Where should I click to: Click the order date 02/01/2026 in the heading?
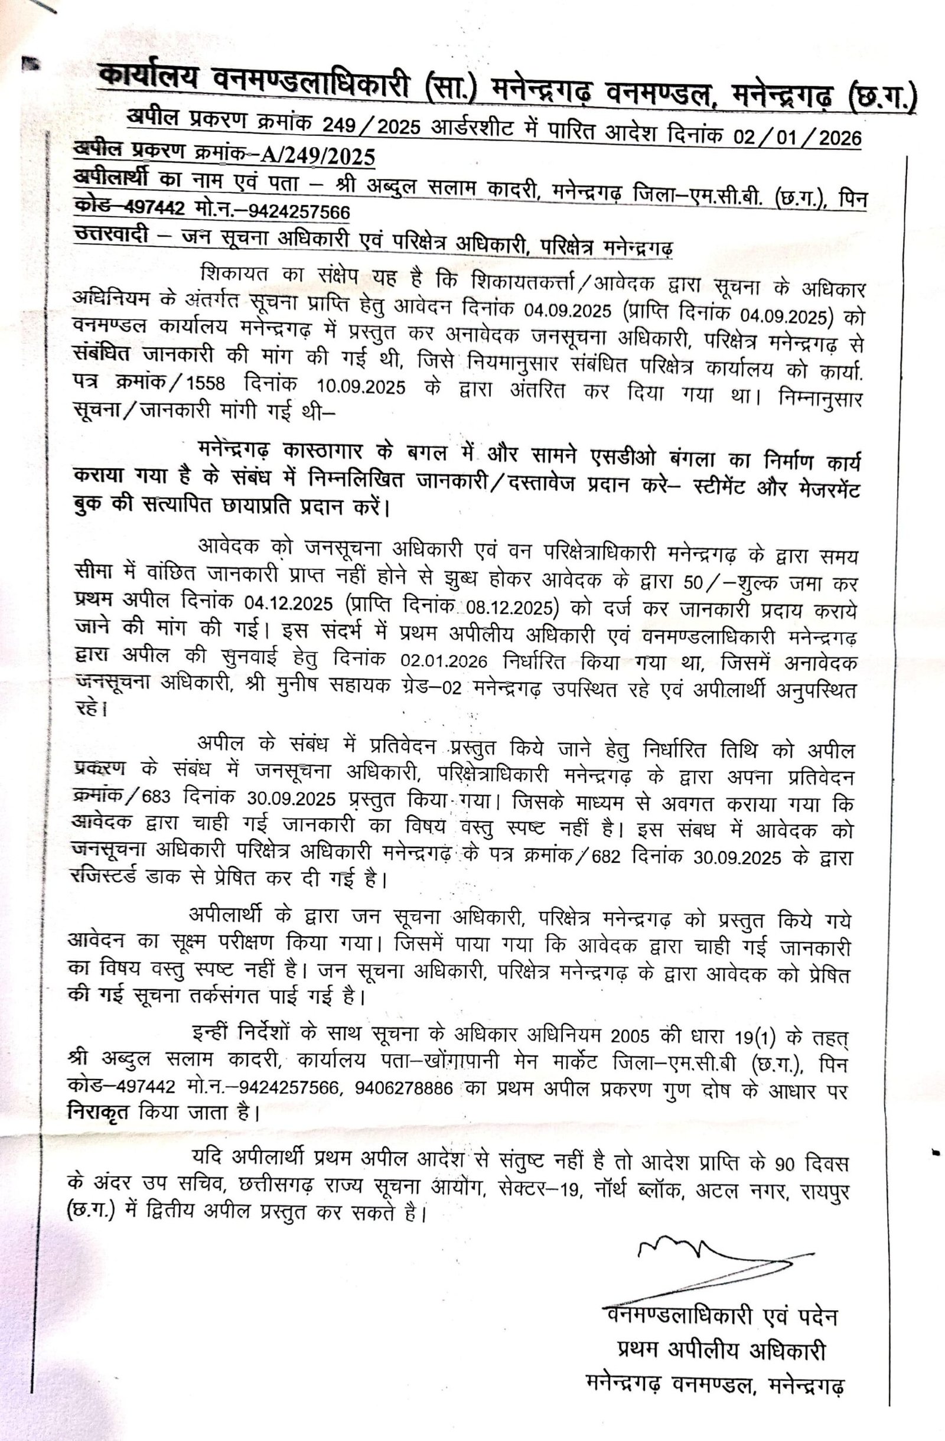pos(797,137)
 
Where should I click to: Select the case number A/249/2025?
pos(318,158)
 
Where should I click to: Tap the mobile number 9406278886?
pos(405,1088)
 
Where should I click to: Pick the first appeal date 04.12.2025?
pos(288,604)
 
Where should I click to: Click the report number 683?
pos(156,796)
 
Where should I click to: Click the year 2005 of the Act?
pos(630,1035)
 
